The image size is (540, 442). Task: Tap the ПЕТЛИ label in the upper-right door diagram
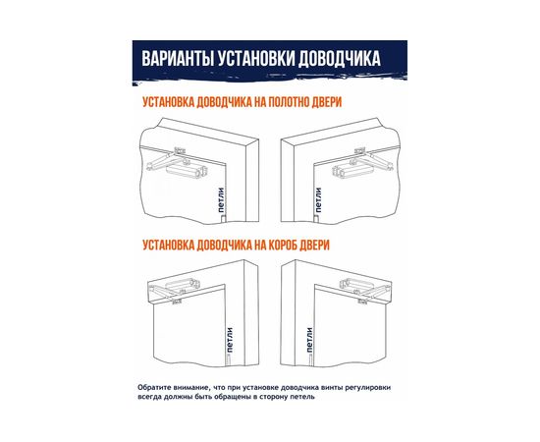(x=319, y=201)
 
